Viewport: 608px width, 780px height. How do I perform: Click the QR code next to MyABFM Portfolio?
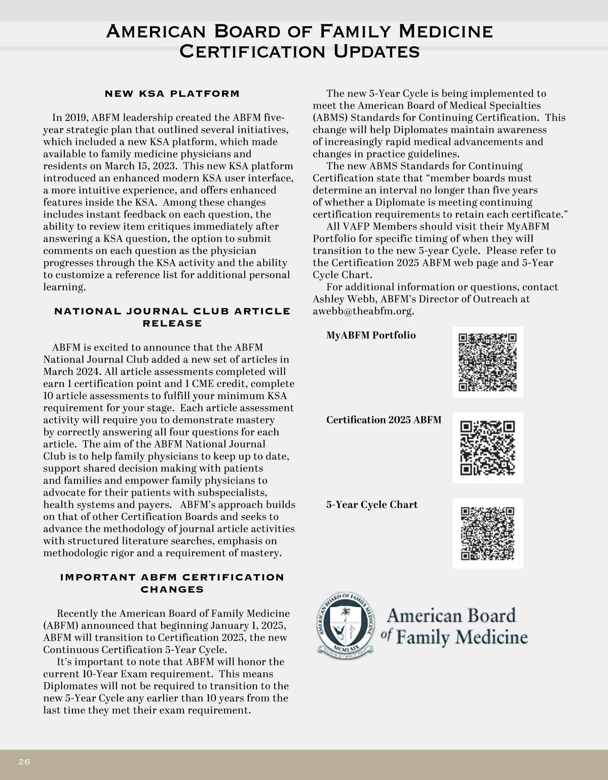pos(487,362)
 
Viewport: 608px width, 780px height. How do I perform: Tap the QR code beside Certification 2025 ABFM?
pos(487,448)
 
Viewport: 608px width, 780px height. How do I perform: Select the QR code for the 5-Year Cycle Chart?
pos(487,533)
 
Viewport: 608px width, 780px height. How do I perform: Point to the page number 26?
pos(24,762)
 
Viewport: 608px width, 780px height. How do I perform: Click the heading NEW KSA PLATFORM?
pos(172,94)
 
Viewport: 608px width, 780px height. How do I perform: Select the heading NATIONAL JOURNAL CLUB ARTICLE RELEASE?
pos(172,317)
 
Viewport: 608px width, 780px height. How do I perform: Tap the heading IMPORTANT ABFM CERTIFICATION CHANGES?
pos(172,583)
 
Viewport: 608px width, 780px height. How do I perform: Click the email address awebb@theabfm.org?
pos(363,311)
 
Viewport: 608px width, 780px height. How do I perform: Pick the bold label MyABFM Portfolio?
pos(371,335)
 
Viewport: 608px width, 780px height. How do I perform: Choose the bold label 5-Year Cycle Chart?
pos(372,505)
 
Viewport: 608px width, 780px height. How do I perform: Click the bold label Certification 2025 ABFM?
pos(384,420)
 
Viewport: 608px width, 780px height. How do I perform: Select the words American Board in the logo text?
pos(451,615)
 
